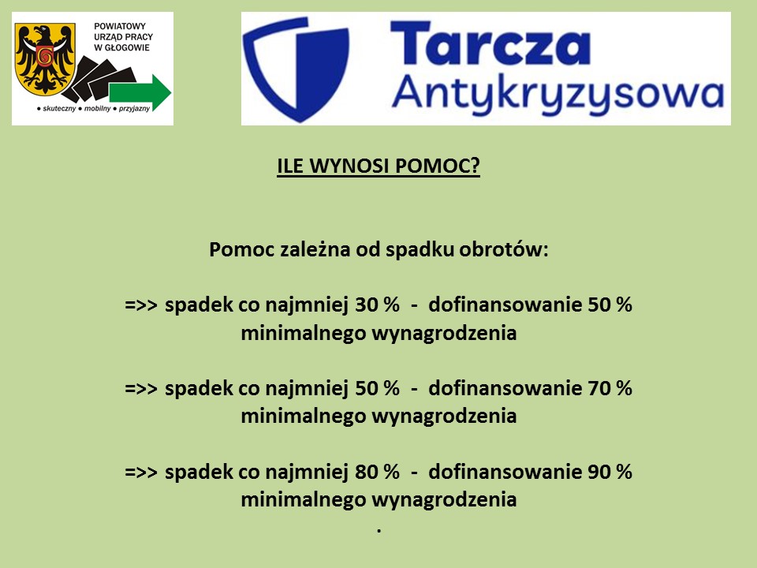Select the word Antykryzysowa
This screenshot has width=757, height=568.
click(x=557, y=95)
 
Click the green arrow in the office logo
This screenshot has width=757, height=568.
click(x=140, y=92)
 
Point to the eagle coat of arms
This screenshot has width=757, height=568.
click(x=45, y=59)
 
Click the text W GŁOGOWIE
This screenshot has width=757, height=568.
click(x=121, y=47)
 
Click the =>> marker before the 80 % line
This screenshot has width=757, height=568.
click(x=141, y=473)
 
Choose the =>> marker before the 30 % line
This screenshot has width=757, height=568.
click(x=141, y=305)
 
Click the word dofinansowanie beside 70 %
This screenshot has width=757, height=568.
click(x=505, y=388)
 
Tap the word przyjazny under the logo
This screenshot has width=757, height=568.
click(x=134, y=109)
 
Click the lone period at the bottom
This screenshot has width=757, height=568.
click(x=379, y=531)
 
